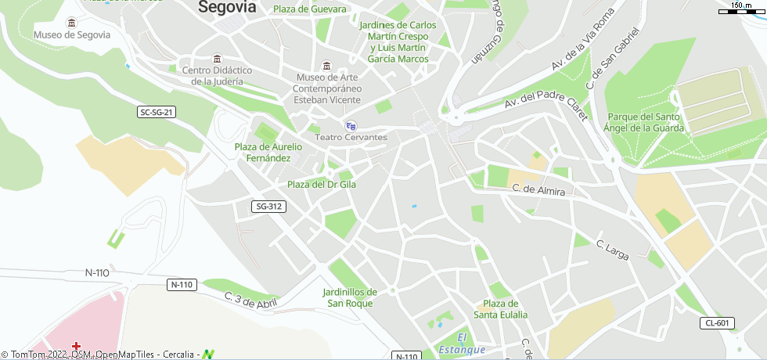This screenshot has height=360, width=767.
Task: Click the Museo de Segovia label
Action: click(x=72, y=34)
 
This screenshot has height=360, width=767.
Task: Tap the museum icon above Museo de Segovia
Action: click(x=72, y=22)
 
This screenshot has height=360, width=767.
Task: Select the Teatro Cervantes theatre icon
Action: click(x=351, y=125)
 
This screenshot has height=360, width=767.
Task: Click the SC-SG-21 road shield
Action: click(x=157, y=112)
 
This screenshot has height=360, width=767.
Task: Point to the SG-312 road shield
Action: click(x=269, y=207)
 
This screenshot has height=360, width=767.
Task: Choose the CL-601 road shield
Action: click(x=717, y=323)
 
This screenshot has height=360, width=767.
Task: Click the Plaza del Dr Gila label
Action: click(x=322, y=185)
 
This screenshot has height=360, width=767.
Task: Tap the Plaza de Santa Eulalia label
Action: click(x=500, y=309)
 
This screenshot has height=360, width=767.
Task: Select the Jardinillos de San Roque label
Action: click(x=350, y=297)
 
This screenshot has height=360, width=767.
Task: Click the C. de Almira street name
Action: click(x=538, y=189)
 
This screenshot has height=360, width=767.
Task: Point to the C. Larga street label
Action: click(x=613, y=250)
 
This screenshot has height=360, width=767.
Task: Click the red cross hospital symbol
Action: click(x=77, y=346)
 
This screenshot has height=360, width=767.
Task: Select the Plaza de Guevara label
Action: click(x=309, y=9)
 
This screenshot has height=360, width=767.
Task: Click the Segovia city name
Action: click(x=227, y=7)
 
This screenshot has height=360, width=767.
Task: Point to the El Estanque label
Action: click(x=462, y=344)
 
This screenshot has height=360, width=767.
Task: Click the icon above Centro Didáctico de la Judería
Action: click(x=217, y=59)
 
